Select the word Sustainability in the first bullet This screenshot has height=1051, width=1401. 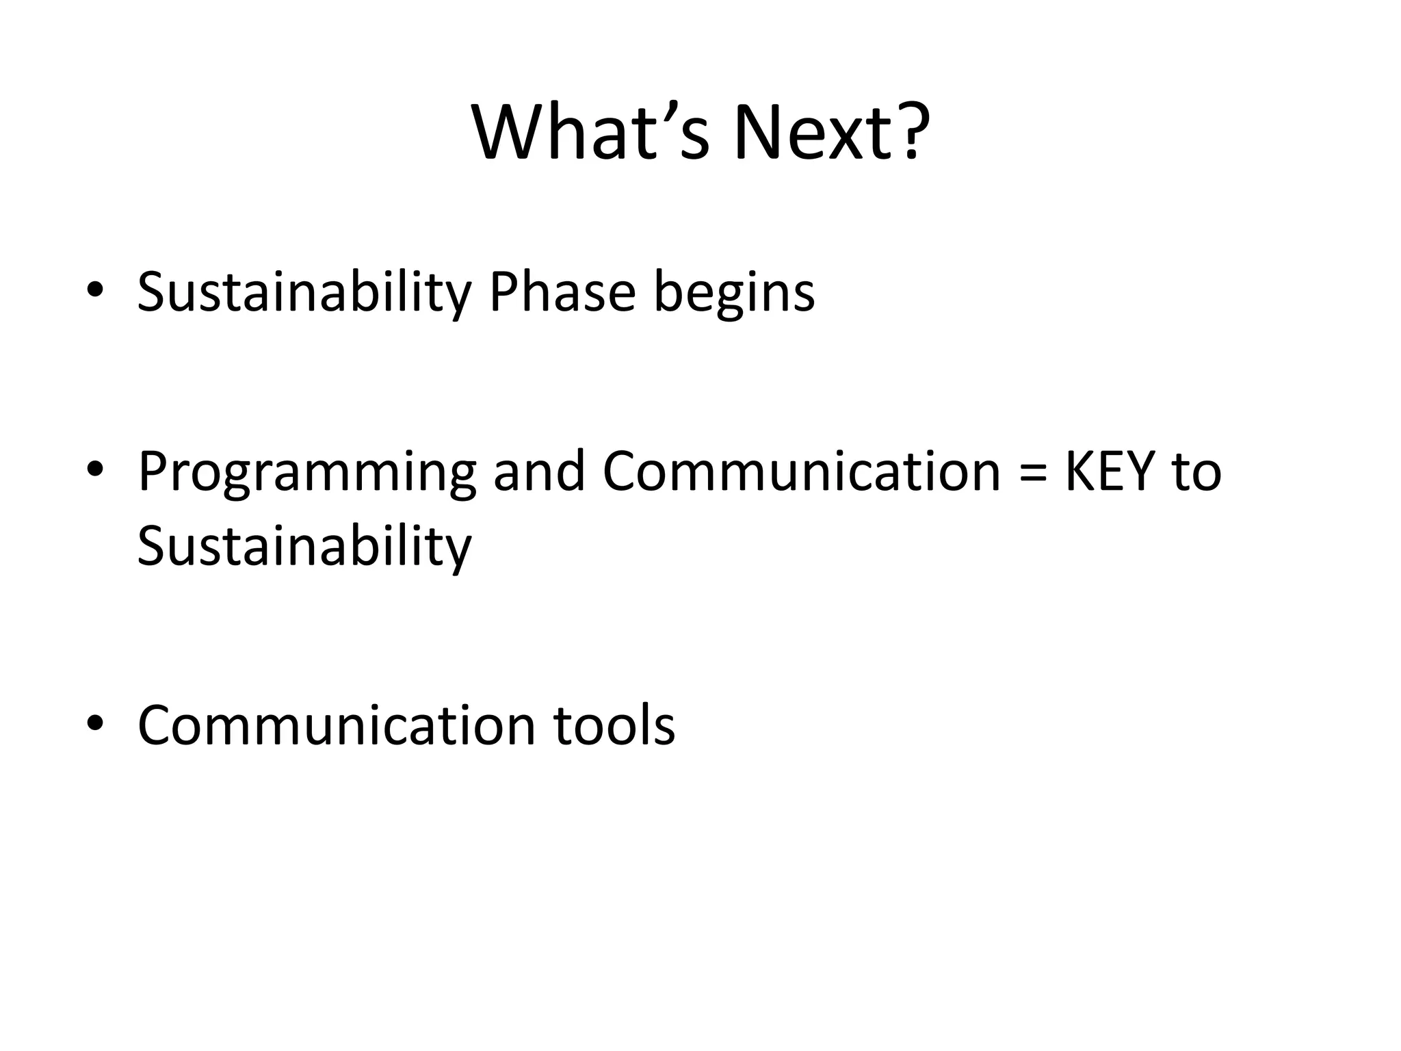tap(304, 293)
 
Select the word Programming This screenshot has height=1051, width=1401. tap(306, 473)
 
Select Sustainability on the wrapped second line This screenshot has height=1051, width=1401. tap(304, 547)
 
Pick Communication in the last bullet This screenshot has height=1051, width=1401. tap(337, 725)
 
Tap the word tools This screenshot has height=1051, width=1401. tap(614, 725)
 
